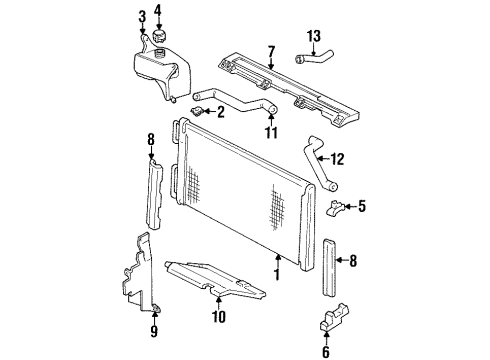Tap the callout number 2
click(220, 112)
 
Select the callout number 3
click(142, 15)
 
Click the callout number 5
click(362, 206)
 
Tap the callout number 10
click(219, 318)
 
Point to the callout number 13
click(315, 38)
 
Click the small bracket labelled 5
click(338, 208)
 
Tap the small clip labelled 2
click(200, 111)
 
